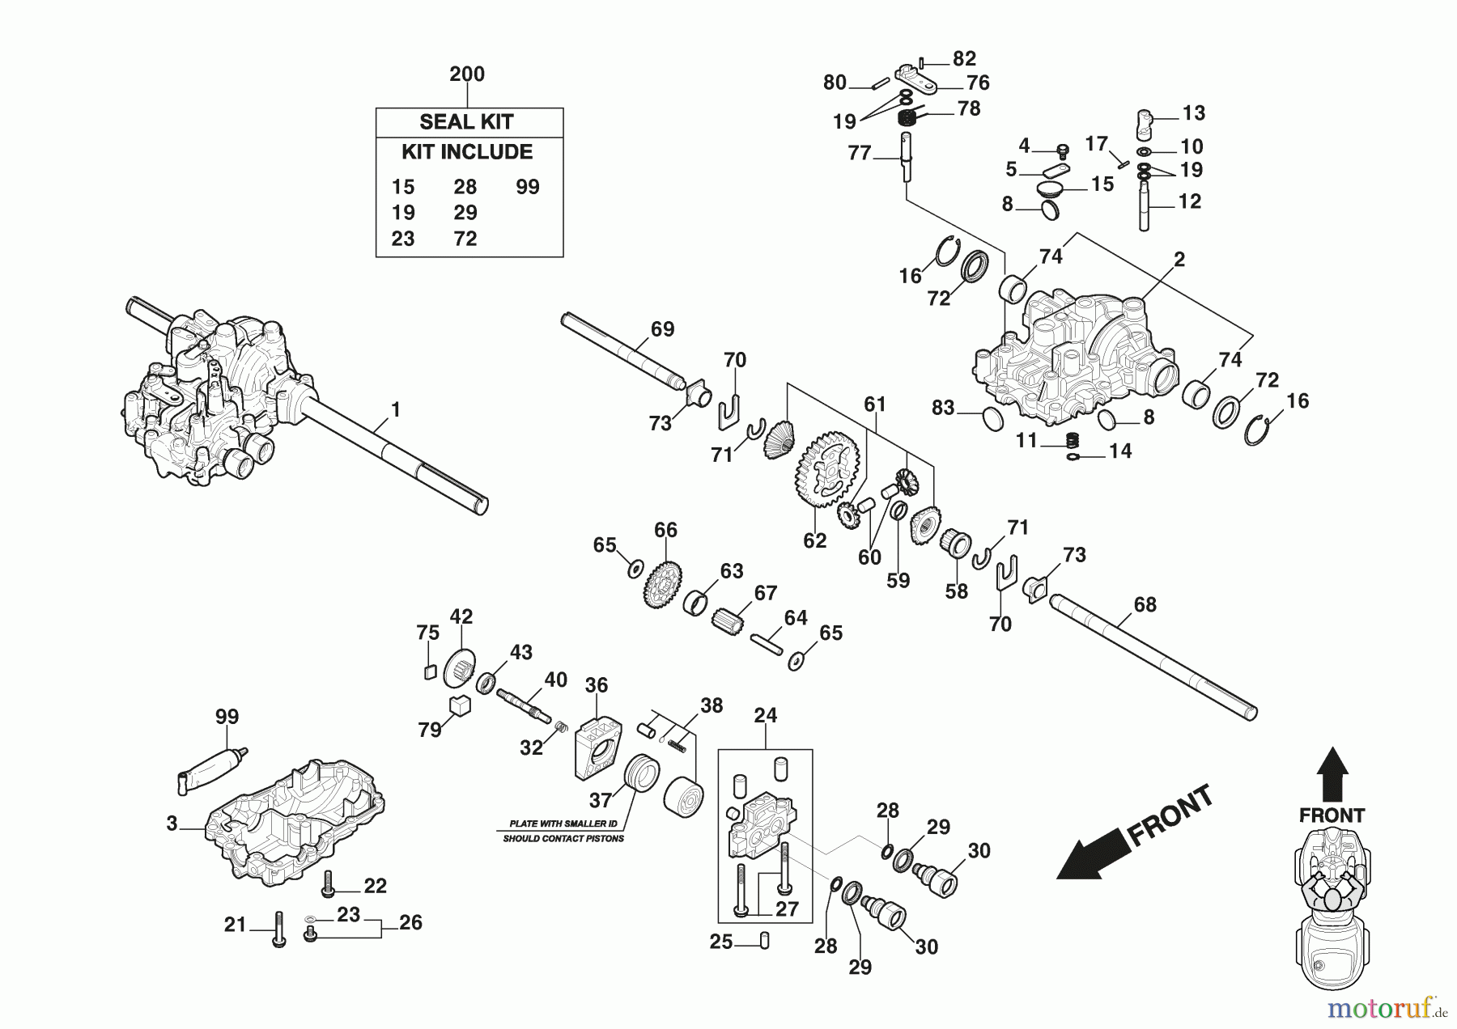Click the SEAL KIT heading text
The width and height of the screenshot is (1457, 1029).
pos(466,122)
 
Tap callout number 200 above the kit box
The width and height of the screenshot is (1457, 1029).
pos(467,74)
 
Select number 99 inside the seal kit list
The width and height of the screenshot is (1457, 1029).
pos(528,187)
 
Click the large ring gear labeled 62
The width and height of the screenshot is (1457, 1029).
pos(827,470)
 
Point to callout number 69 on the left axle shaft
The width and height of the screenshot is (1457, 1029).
pos(662,329)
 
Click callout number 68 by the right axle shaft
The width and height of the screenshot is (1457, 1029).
pos(1145,604)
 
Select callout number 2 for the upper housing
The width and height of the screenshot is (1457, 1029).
pos(1179,260)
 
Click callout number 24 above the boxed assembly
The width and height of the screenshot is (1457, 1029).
pos(765,716)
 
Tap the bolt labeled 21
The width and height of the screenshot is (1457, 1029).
pos(278,929)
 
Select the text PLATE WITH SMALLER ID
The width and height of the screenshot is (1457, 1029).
pos(563,824)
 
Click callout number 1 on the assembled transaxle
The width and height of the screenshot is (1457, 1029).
pos(396,411)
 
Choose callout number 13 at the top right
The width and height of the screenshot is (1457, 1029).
pos(1194,113)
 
